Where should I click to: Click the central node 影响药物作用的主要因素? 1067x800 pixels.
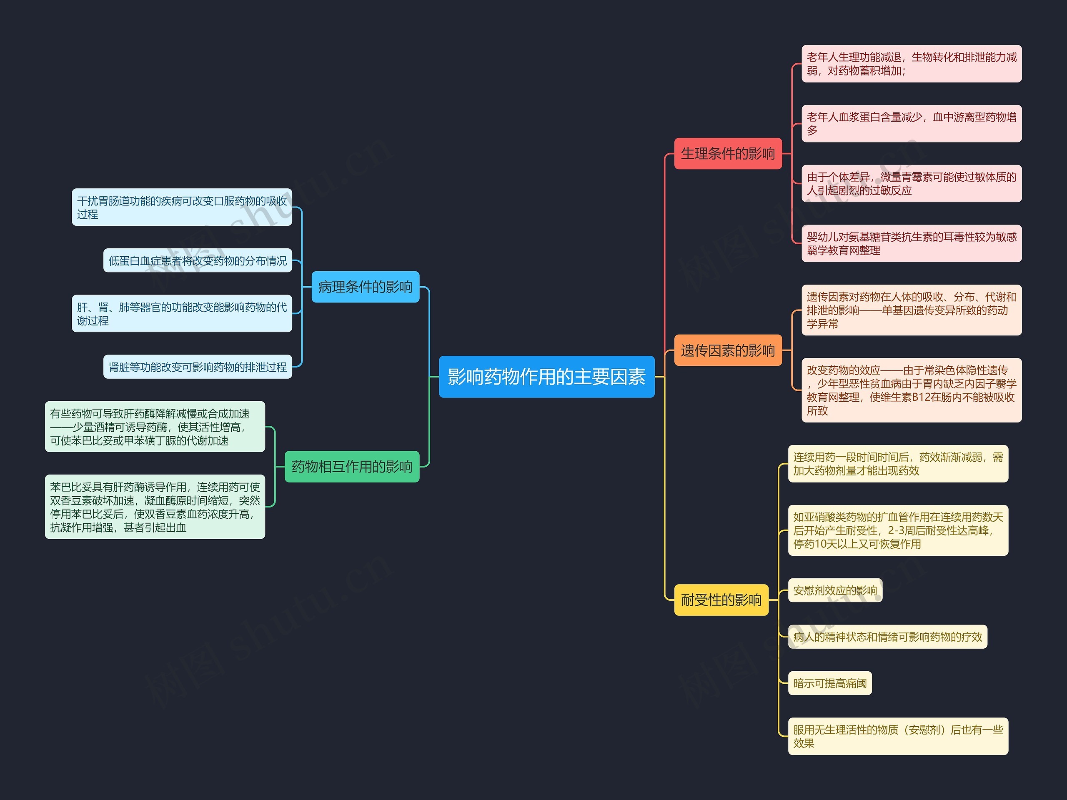point(546,377)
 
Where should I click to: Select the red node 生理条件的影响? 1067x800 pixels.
point(727,154)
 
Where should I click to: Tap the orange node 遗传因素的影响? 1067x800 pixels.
point(727,350)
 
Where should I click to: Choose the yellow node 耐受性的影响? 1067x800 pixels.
point(721,600)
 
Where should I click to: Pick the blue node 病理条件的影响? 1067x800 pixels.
point(365,287)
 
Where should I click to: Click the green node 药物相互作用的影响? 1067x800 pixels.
point(352,466)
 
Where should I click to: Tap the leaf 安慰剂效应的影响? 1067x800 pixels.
point(834,590)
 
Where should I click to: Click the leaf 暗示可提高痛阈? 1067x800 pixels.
point(830,683)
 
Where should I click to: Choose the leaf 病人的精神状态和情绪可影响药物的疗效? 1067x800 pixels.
point(887,637)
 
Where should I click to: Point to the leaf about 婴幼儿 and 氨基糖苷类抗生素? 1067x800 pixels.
point(911,243)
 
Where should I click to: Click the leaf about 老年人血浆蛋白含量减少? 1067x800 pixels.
point(911,123)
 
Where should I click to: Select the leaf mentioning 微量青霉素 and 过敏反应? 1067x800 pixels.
point(911,183)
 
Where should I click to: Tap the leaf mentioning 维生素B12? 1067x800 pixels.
point(911,390)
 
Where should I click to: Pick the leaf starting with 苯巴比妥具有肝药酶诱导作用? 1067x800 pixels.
point(155,507)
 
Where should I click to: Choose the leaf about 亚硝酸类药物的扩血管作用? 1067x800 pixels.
point(898,530)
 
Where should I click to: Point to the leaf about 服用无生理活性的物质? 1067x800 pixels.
point(898,736)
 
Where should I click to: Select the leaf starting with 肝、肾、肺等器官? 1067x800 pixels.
point(182,313)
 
